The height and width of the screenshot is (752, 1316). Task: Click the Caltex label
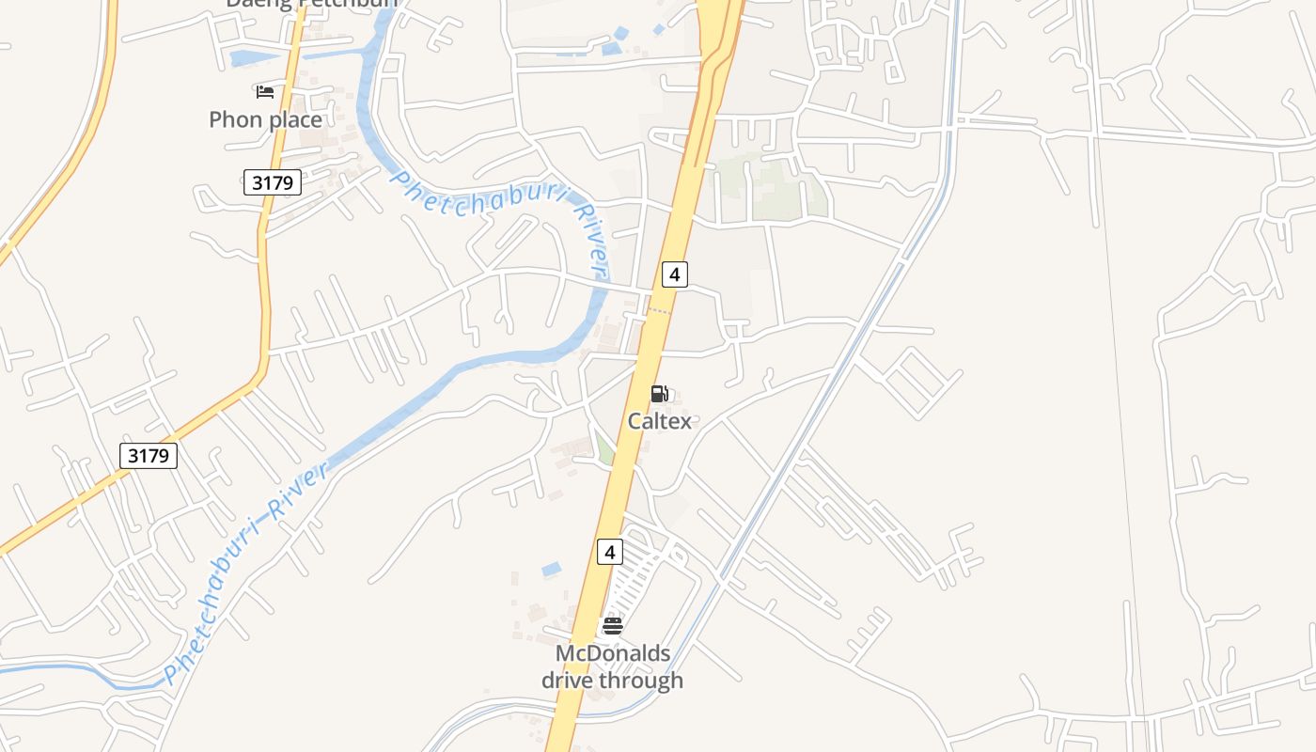pos(659,421)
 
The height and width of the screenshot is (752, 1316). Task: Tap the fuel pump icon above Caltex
pos(660,394)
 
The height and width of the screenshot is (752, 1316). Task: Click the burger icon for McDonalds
pos(613,625)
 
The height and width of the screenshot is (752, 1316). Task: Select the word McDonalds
pos(613,653)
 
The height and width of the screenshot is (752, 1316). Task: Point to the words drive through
pos(613,680)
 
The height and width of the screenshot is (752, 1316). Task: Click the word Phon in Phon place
pos(234,119)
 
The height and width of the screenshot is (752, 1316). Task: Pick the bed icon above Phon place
pos(265,91)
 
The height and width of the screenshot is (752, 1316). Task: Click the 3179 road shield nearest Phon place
pos(273,182)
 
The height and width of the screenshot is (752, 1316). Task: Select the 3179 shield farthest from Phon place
pos(149,457)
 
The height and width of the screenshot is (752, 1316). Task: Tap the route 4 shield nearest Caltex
pos(674,274)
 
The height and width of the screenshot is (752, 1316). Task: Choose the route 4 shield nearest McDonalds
pos(609,552)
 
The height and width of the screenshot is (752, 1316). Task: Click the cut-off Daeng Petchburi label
pos(311,4)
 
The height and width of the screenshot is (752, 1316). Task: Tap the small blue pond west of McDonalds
pos(552,570)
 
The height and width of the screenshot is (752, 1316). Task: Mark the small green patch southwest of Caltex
pos(605,449)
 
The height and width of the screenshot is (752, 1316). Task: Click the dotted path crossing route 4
pos(660,309)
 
